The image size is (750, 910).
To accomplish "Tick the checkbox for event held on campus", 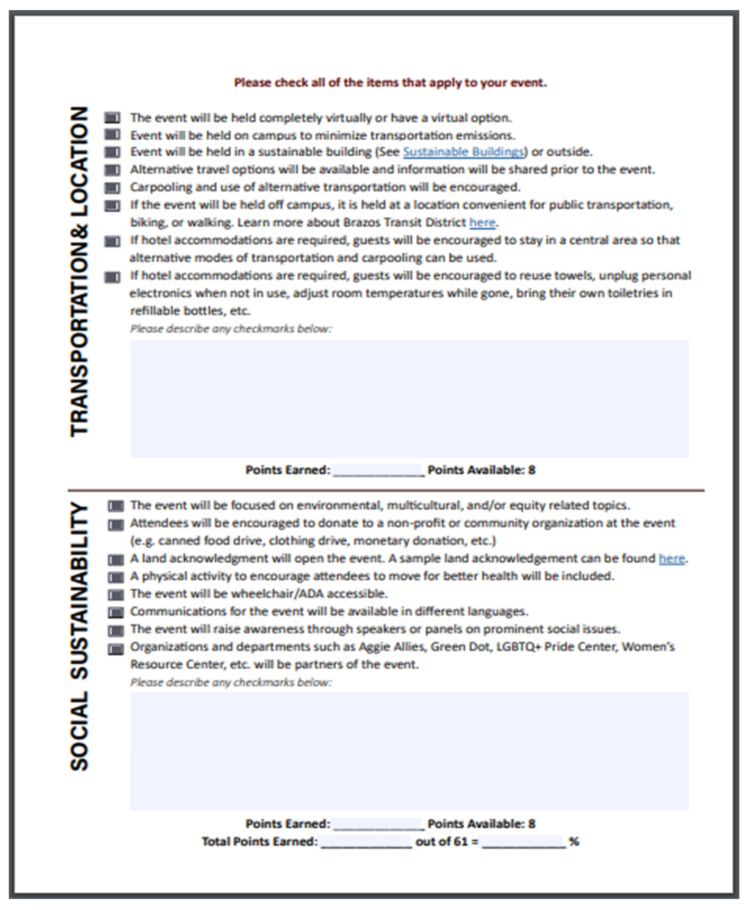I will pos(112,135).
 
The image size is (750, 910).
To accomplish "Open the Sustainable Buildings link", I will pos(463,152).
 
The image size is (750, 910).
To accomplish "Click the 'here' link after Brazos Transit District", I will pos(482,223).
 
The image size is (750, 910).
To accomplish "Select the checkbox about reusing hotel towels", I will pos(112,277).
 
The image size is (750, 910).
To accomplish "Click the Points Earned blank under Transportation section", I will pos(378,470).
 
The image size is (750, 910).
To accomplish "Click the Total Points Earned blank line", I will pos(366,842).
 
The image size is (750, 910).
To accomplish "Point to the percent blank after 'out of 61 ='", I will pos(523,842).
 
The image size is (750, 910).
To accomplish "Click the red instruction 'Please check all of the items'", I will pos(390,82).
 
